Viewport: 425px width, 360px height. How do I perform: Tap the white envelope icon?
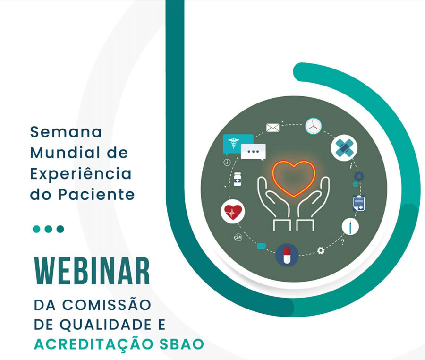point(272,128)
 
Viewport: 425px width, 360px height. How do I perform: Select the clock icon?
point(314,126)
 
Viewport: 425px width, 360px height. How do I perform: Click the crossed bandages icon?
point(344,148)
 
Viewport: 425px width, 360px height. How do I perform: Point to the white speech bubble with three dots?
point(253,152)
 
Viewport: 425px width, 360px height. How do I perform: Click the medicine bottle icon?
point(238,179)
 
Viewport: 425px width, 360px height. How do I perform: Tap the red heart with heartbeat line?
point(233,212)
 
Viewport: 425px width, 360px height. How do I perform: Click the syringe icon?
point(350,226)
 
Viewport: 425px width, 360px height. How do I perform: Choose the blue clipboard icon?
point(359,203)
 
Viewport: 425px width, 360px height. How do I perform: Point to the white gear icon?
point(321,250)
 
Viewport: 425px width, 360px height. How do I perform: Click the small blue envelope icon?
point(261,246)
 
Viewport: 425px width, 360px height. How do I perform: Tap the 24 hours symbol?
point(238,237)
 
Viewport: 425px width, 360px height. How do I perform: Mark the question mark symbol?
point(343,241)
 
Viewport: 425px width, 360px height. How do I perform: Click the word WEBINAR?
point(92,271)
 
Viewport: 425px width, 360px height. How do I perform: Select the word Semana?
point(66,132)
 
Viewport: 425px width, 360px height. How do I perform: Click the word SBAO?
point(181,344)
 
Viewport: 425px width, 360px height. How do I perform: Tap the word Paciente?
point(96,194)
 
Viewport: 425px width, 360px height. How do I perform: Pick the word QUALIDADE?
point(105,325)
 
